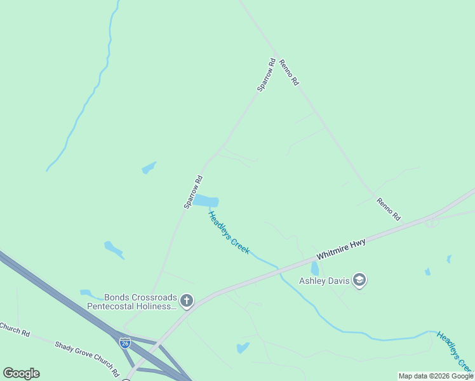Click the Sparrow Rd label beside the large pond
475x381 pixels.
(193, 192)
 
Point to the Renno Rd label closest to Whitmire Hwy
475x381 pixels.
(389, 209)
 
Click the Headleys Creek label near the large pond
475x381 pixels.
(229, 233)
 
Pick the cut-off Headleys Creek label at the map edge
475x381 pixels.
(455, 352)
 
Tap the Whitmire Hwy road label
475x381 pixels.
(341, 248)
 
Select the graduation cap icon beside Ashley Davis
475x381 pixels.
(359, 279)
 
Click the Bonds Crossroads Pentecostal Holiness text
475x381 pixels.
(132, 301)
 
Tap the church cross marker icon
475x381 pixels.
(186, 300)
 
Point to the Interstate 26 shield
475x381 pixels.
(125, 342)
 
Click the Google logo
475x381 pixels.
(22, 373)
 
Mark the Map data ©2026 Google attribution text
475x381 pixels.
(436, 376)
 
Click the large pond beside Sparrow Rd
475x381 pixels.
(205, 201)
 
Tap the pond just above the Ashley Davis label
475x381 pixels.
(314, 269)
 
